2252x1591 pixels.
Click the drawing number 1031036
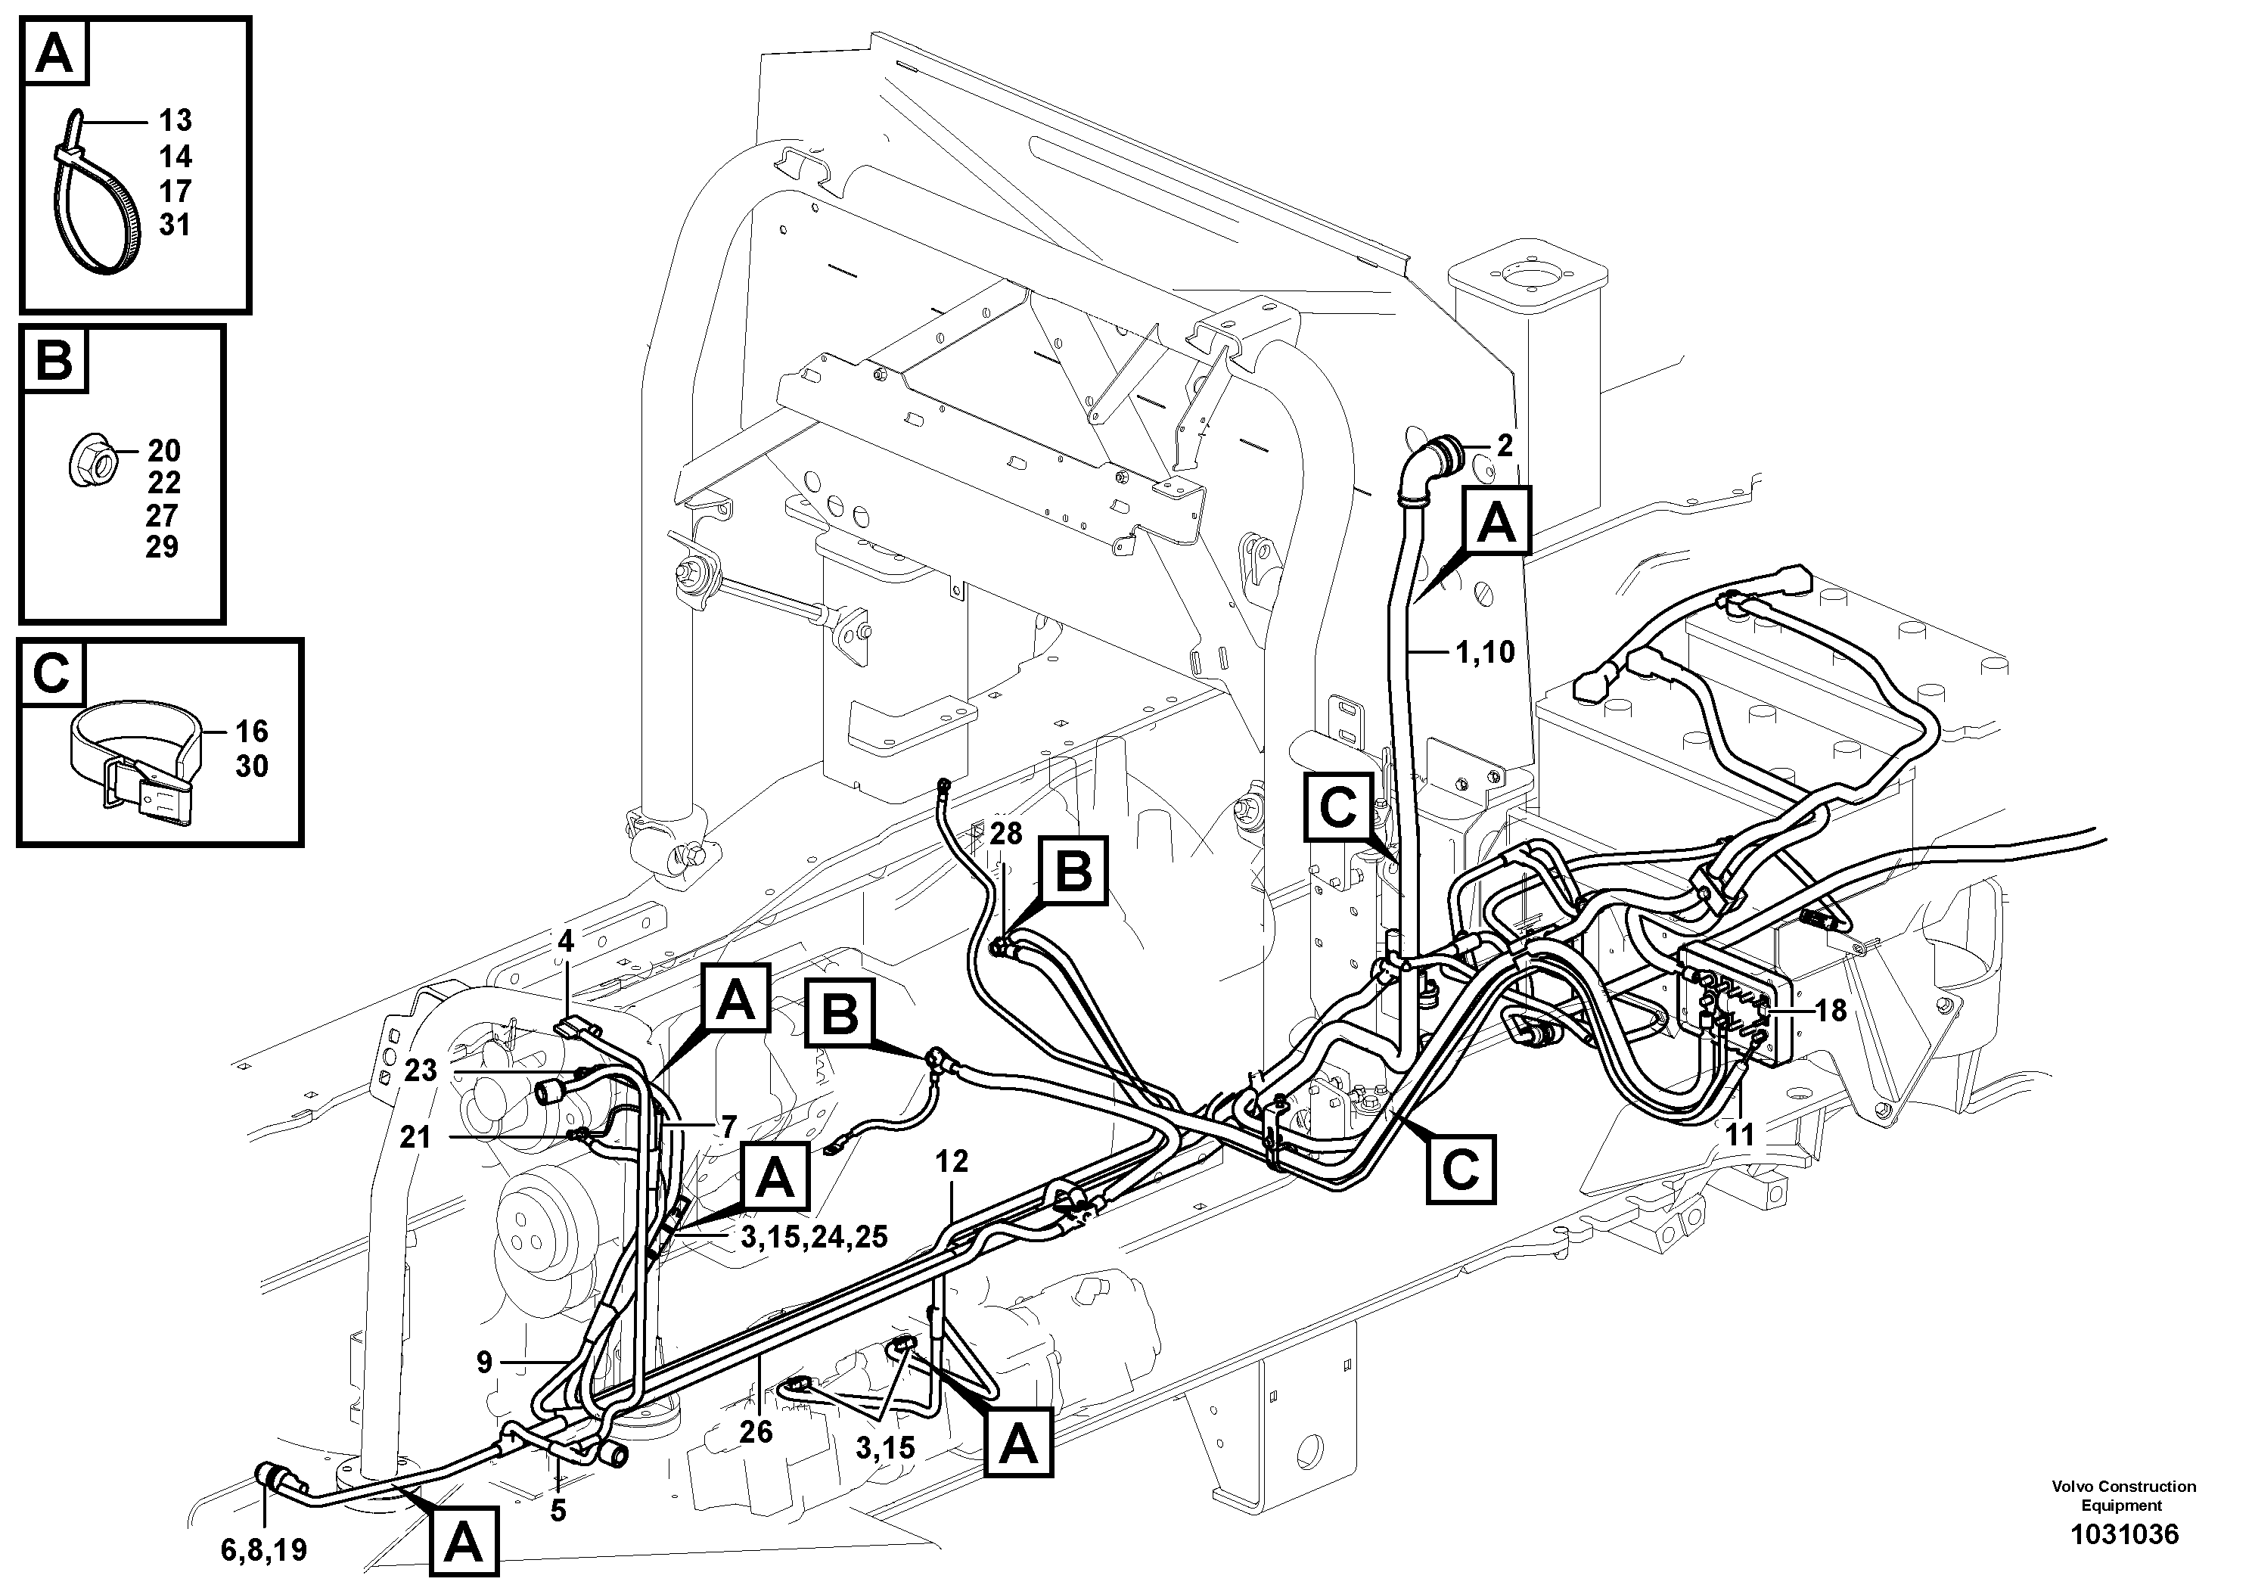tap(2123, 1534)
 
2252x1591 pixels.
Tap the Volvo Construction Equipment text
tap(2123, 1496)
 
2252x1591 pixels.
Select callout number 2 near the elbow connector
tap(1505, 446)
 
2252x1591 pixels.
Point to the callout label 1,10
tap(1485, 651)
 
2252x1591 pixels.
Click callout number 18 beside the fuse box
tap(1830, 1010)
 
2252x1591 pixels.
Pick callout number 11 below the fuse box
tap(1739, 1134)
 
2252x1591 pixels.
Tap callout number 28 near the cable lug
tap(1005, 834)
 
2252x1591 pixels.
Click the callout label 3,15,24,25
tap(813, 1237)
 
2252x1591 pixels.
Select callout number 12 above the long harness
tap(952, 1161)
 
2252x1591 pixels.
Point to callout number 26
tap(755, 1431)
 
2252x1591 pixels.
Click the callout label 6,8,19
tap(262, 1550)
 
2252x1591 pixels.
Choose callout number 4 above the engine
tap(565, 942)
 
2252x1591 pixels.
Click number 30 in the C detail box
tap(251, 766)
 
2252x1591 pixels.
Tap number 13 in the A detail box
tap(176, 120)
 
